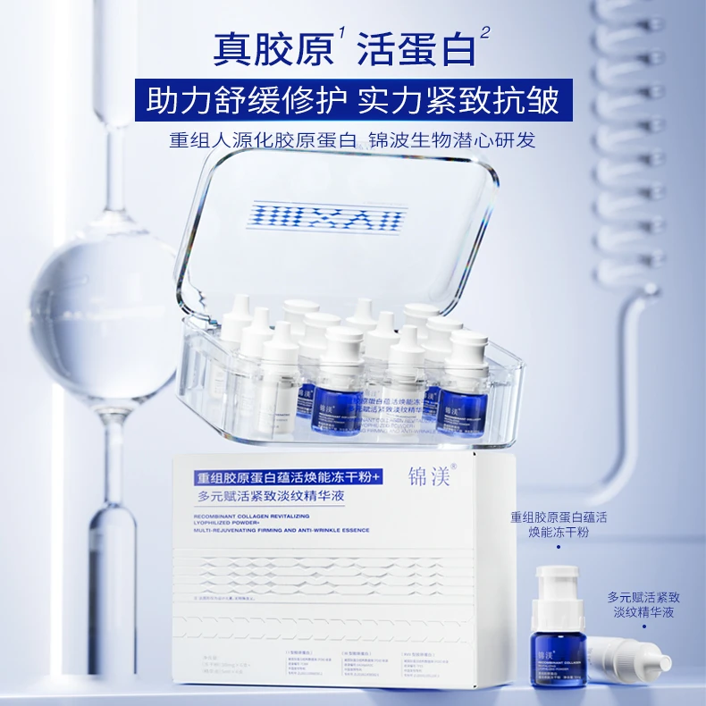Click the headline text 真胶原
[x=272, y=48]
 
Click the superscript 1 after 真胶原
[x=341, y=35]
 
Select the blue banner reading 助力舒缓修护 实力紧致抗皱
[x=352, y=100]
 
